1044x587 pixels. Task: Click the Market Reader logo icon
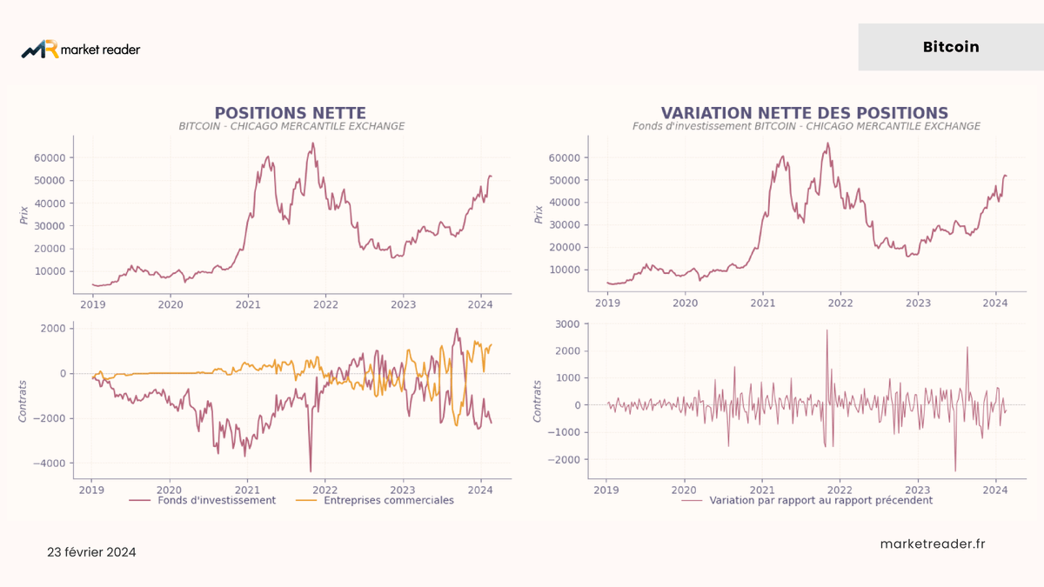pyautogui.click(x=40, y=49)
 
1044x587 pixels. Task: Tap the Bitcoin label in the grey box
pyautogui.click(x=951, y=47)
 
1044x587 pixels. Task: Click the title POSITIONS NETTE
pyautogui.click(x=290, y=113)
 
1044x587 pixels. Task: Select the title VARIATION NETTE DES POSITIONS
pyautogui.click(x=805, y=113)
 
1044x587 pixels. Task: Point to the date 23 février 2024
pyautogui.click(x=91, y=552)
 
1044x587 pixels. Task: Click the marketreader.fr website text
pyautogui.click(x=933, y=544)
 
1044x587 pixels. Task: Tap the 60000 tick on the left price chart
pyautogui.click(x=50, y=158)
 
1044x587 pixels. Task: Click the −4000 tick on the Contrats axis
pyautogui.click(x=50, y=464)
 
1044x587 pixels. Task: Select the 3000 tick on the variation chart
pyautogui.click(x=567, y=324)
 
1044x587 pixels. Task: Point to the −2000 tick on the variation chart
pyautogui.click(x=564, y=460)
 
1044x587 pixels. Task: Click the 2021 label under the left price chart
pyautogui.click(x=248, y=304)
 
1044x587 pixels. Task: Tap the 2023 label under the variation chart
pyautogui.click(x=917, y=490)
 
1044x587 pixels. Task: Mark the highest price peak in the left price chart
pyautogui.click(x=312, y=143)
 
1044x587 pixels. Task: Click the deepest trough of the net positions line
pyautogui.click(x=311, y=471)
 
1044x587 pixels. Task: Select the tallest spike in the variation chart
pyautogui.click(x=827, y=330)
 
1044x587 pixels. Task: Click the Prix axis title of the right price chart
pyautogui.click(x=539, y=214)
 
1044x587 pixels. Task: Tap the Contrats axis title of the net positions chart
pyautogui.click(x=23, y=402)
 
